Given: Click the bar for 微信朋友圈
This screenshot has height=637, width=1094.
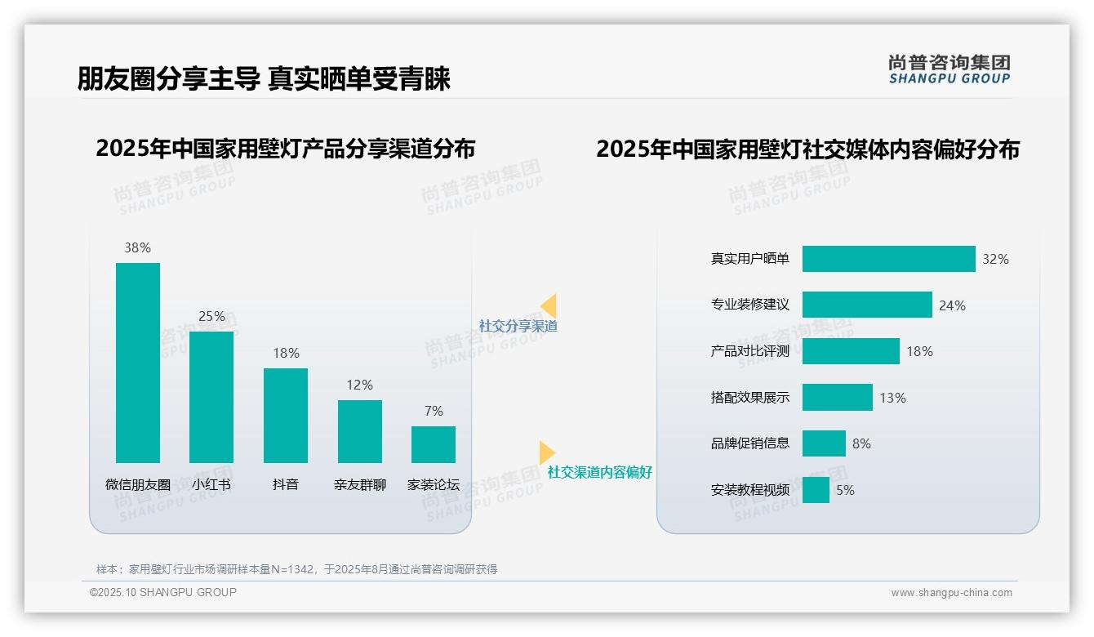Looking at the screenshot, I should pyautogui.click(x=138, y=363).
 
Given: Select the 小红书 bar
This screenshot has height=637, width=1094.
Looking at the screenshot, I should pyautogui.click(x=211, y=397).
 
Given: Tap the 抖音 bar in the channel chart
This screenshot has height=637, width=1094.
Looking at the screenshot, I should pyautogui.click(x=286, y=415).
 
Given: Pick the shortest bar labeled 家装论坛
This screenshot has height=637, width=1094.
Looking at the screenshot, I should pyautogui.click(x=434, y=444).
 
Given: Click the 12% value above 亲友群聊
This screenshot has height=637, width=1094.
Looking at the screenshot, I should pyautogui.click(x=359, y=385).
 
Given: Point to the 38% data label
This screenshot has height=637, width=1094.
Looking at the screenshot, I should pyautogui.click(x=138, y=247).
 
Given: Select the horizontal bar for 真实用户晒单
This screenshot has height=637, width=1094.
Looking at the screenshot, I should pyautogui.click(x=888, y=259).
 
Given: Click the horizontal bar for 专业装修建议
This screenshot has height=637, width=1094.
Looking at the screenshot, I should pyautogui.click(x=867, y=305).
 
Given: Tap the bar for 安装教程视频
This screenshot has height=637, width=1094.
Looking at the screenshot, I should pyautogui.click(x=816, y=490).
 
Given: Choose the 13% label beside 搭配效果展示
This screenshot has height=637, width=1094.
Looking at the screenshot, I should pyautogui.click(x=892, y=398).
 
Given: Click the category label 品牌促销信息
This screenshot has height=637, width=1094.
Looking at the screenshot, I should pyautogui.click(x=750, y=443).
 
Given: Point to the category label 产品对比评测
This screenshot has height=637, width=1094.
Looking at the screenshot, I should pyautogui.click(x=750, y=351).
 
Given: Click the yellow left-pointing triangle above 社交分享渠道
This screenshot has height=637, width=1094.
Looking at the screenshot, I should pyautogui.click(x=549, y=305).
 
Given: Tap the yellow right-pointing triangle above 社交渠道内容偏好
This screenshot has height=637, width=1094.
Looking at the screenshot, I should pyautogui.click(x=547, y=452).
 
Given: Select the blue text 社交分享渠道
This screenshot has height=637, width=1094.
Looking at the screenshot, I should pyautogui.click(x=518, y=326).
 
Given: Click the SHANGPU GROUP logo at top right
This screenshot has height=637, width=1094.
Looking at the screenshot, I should pyautogui.click(x=949, y=69).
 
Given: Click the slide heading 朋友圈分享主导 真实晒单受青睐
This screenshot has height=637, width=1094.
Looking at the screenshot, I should pyautogui.click(x=264, y=79).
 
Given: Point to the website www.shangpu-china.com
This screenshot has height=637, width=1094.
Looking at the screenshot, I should pyautogui.click(x=951, y=593).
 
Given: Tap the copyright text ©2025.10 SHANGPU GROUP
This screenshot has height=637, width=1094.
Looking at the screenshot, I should pyautogui.click(x=163, y=592).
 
